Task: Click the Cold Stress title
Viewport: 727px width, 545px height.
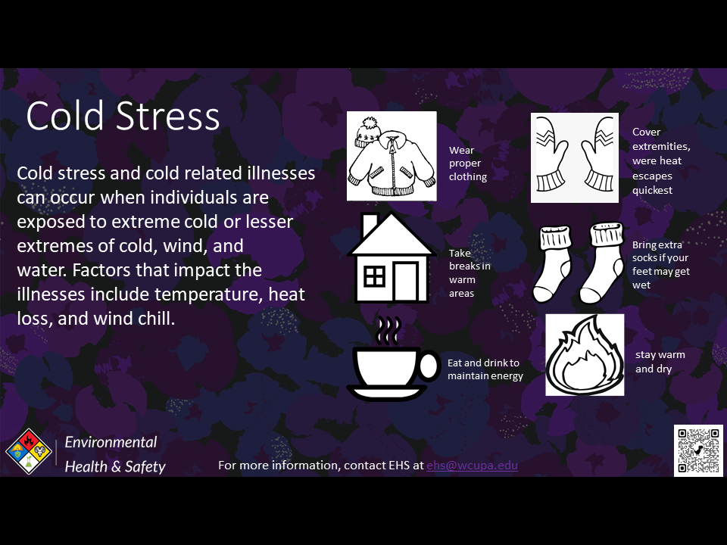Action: (123, 116)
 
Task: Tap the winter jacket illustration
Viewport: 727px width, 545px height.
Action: (392, 164)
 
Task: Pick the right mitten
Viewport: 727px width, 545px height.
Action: (598, 154)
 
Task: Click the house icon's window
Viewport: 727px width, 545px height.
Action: (375, 277)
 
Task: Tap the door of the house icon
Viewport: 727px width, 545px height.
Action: (406, 282)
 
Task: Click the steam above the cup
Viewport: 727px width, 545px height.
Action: (388, 331)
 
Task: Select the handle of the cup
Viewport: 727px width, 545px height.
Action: (429, 366)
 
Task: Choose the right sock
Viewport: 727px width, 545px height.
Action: (602, 263)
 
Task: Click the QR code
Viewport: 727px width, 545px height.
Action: (698, 450)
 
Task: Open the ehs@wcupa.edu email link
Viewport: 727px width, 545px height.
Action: (472, 466)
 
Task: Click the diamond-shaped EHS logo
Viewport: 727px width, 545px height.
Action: (29, 451)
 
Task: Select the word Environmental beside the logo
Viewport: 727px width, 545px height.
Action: (111, 442)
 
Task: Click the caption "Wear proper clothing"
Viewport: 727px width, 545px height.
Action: (468, 163)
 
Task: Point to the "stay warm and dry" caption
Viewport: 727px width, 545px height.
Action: (660, 362)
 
